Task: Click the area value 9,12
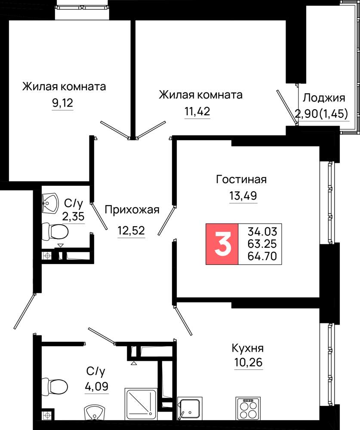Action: pos(62,103)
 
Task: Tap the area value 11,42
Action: pos(197,111)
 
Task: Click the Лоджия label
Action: pos(324,98)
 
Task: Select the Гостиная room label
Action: pos(241,179)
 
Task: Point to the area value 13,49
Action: pos(243,196)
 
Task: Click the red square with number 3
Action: pos(222,244)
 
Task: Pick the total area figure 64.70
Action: pos(262,256)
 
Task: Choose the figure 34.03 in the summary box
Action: pos(262,231)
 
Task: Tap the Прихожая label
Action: pos(132,210)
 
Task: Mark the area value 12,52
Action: pos(131,230)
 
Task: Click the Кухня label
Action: pos(248,348)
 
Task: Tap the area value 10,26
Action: pos(248,362)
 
